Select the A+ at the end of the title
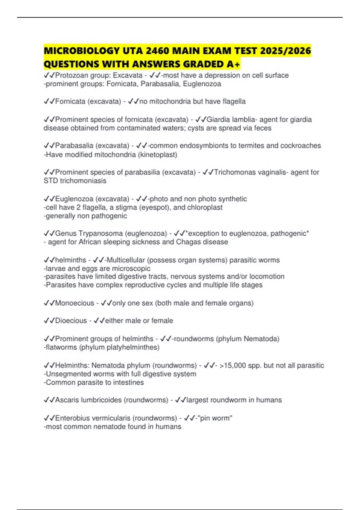pyautogui.click(x=234, y=64)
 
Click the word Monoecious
pyautogui.click(x=75, y=303)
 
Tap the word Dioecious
pyautogui.click(x=71, y=321)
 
